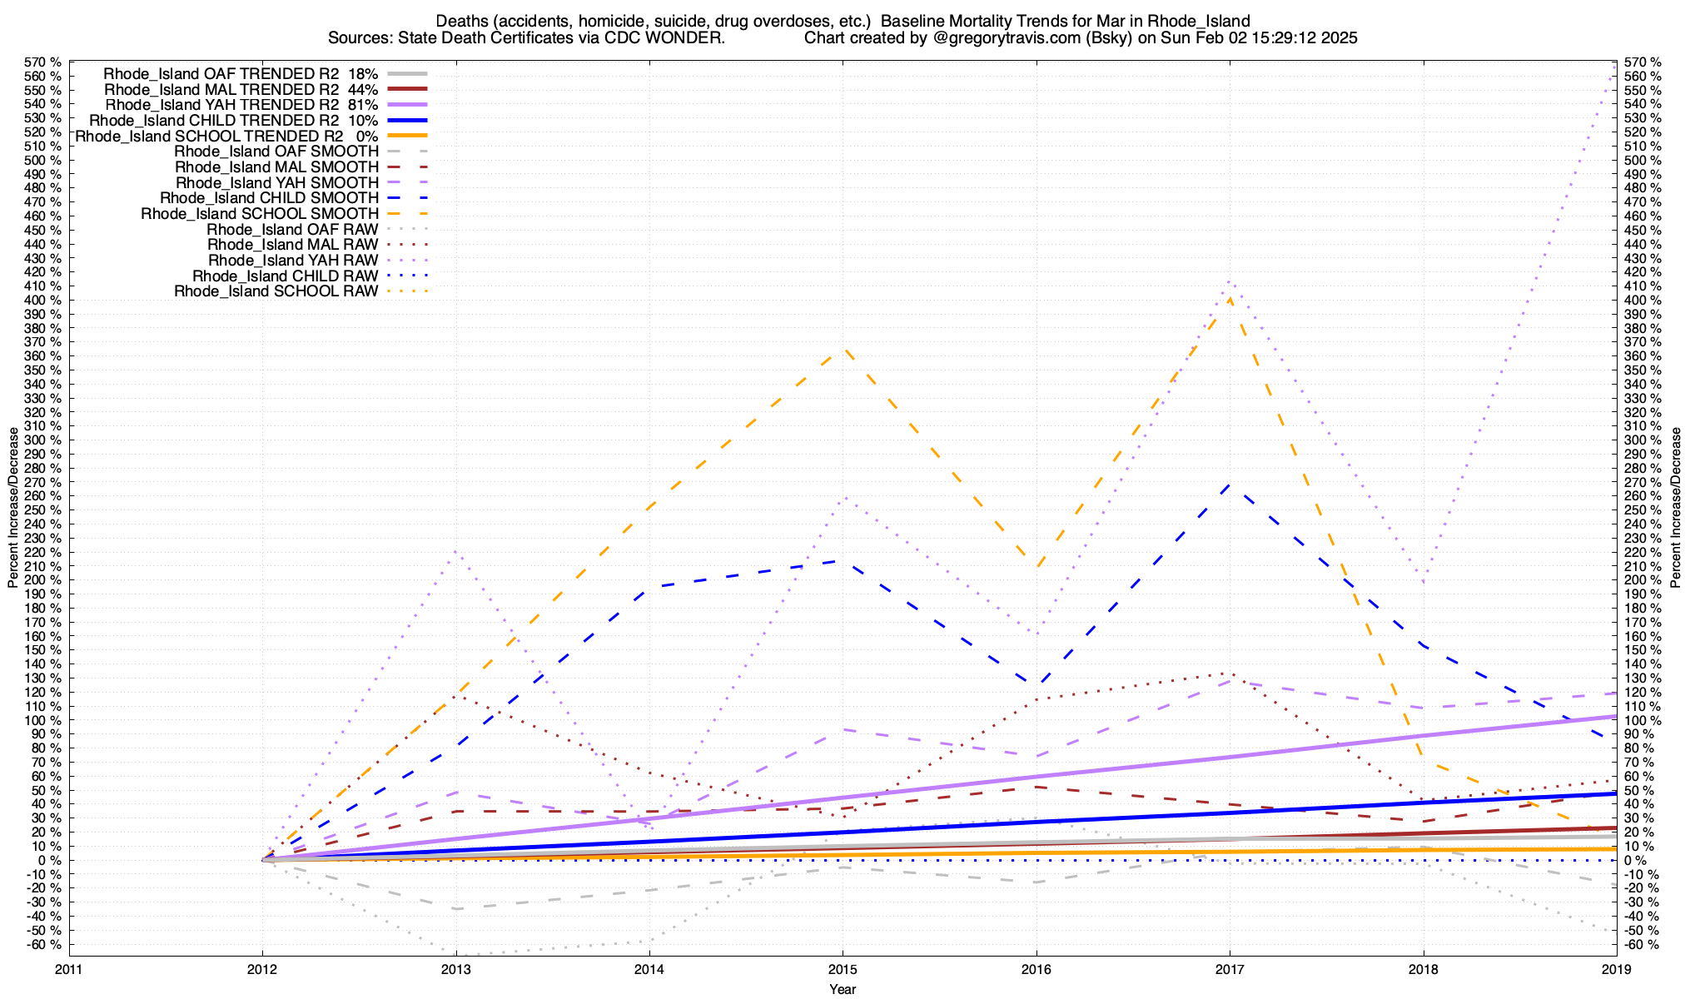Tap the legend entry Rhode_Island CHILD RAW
tap(285, 276)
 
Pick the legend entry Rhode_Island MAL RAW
tap(292, 245)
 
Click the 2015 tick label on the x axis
tap(843, 969)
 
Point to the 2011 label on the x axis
tap(69, 969)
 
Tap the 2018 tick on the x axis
tap(1423, 969)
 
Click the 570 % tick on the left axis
tap(43, 62)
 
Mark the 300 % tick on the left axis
tap(43, 440)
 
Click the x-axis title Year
tap(843, 989)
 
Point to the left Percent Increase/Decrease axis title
tap(13, 508)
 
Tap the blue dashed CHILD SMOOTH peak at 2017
tap(1230, 484)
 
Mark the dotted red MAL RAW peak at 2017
tap(1230, 673)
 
